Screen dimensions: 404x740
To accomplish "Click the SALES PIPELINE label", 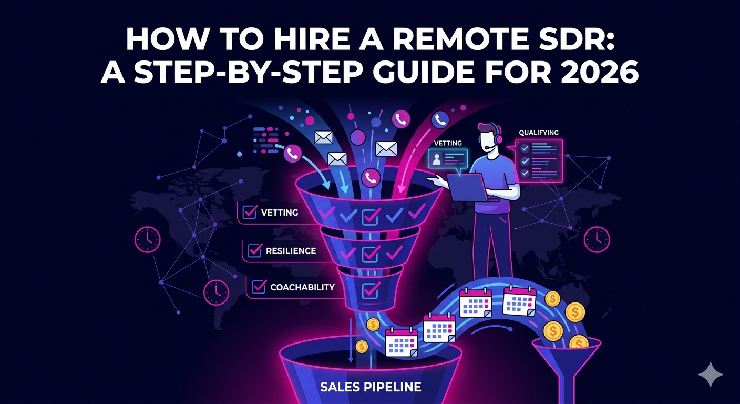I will pyautogui.click(x=371, y=387).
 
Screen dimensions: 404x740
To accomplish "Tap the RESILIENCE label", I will pyautogui.click(x=291, y=251).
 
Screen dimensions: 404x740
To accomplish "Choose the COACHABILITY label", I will pyautogui.click(x=302, y=287).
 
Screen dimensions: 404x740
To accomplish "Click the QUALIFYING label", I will pyautogui.click(x=538, y=133).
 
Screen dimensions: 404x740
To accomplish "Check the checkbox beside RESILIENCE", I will pyautogui.click(x=255, y=251).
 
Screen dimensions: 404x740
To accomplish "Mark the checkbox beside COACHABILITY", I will pyautogui.click(x=259, y=287).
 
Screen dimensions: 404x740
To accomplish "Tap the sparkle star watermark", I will pyautogui.click(x=710, y=374).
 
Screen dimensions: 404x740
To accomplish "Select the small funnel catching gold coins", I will pyautogui.click(x=566, y=356).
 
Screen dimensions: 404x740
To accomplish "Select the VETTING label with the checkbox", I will pyautogui.click(x=279, y=213).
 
